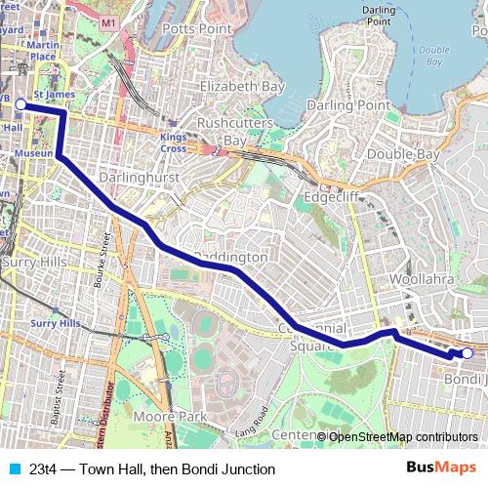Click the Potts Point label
(x=195, y=29)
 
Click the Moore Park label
(x=173, y=417)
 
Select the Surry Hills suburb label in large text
(x=33, y=263)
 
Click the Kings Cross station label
(x=174, y=143)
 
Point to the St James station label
(x=54, y=95)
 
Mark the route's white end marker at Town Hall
(x=20, y=102)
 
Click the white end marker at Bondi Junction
(x=468, y=353)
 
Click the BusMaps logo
(x=441, y=468)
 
